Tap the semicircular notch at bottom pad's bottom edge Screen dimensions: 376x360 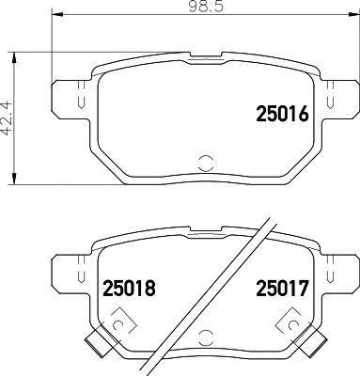tap(204, 332)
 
